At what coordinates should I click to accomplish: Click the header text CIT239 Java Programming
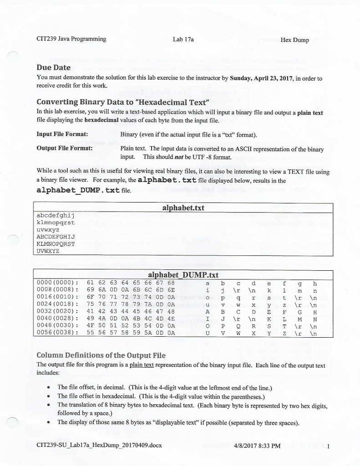pyautogui.click(x=71, y=39)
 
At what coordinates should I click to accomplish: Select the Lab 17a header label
pyautogui.click(x=183, y=40)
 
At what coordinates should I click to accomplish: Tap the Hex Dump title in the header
pyautogui.click(x=294, y=40)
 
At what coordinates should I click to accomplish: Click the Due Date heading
pyautogui.click(x=53, y=67)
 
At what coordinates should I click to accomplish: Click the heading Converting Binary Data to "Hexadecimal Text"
pyautogui.click(x=122, y=101)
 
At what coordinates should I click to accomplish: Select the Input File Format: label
pyautogui.click(x=62, y=134)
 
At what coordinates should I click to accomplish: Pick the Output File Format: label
pyautogui.click(x=65, y=148)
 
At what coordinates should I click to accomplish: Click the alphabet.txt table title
pyautogui.click(x=183, y=208)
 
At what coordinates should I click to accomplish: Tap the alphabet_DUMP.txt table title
pyautogui.click(x=183, y=275)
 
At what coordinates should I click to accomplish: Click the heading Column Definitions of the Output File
pyautogui.click(x=101, y=355)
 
